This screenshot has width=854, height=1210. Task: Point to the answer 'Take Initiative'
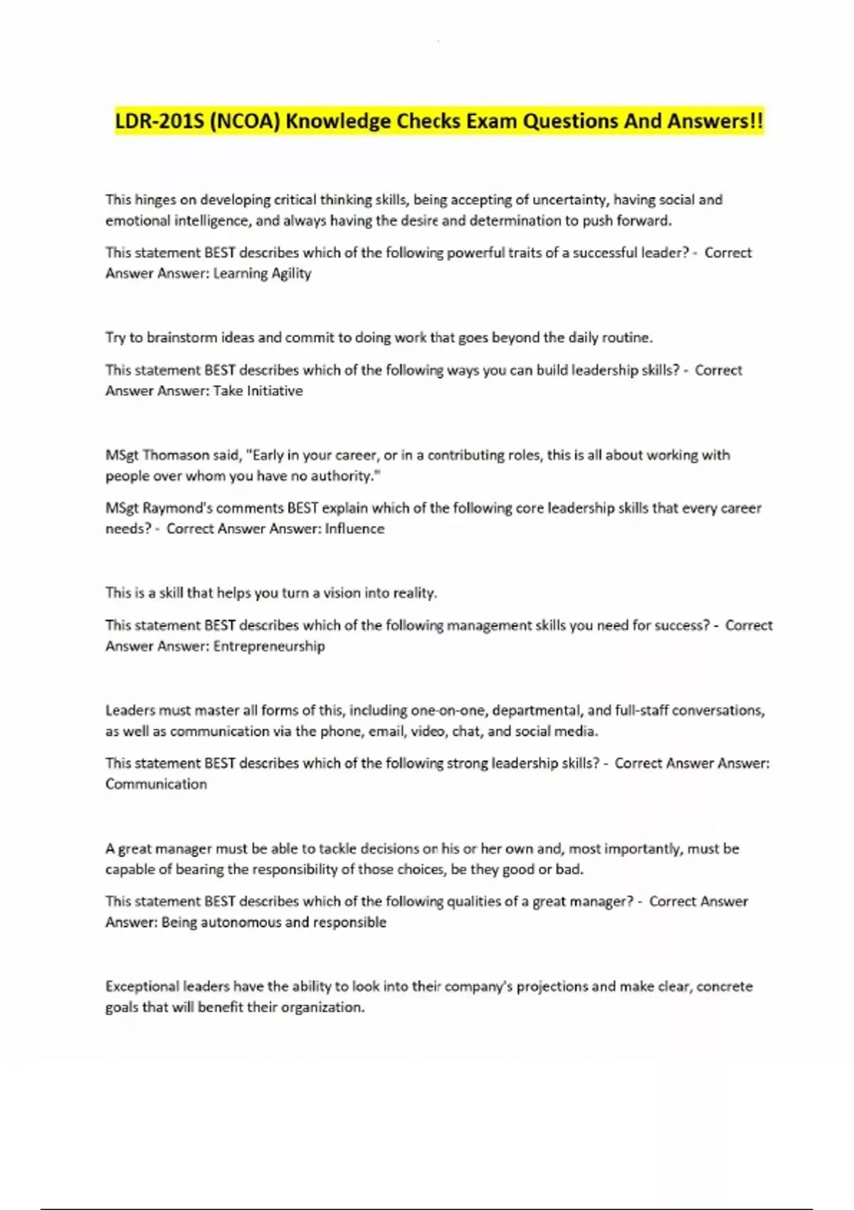tap(258, 391)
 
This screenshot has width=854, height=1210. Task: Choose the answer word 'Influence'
tap(354, 529)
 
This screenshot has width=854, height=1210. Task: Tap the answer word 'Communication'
tap(156, 784)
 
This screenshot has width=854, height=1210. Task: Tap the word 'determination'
tap(515, 221)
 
